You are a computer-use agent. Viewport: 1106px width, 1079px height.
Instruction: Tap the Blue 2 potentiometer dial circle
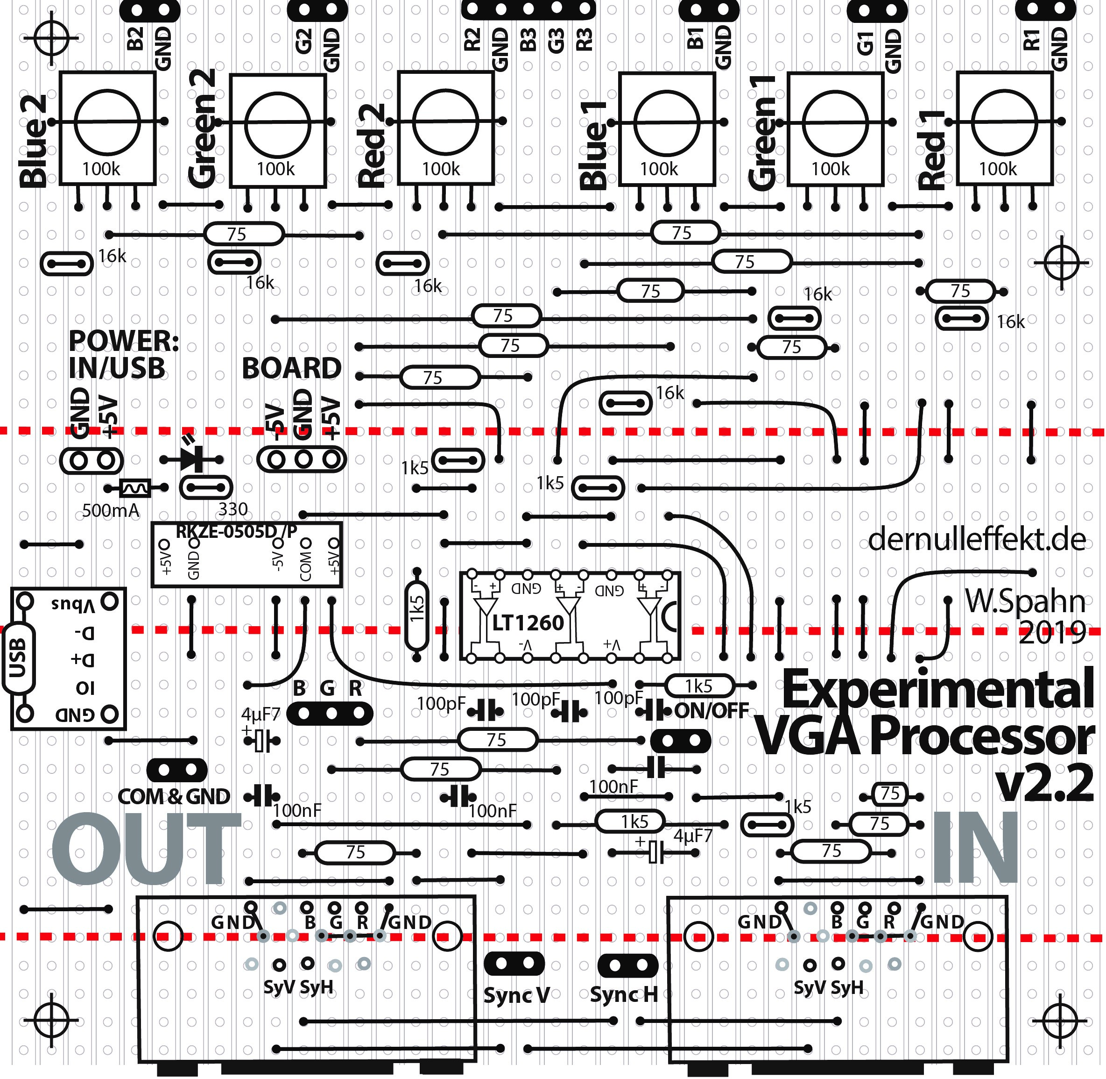pyautogui.click(x=107, y=121)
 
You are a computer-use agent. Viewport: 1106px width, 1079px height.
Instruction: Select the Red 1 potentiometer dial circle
pyautogui.click(x=1004, y=121)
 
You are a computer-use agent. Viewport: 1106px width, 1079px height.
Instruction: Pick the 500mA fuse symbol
pyautogui.click(x=135, y=487)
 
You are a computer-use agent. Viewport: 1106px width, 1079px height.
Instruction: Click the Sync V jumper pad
pyautogui.click(x=514, y=964)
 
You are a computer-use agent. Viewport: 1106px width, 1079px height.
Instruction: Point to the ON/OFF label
pyautogui.click(x=712, y=711)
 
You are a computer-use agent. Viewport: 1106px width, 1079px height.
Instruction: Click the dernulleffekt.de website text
pyautogui.click(x=976, y=541)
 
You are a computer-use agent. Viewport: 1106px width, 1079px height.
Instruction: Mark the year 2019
pyautogui.click(x=1052, y=633)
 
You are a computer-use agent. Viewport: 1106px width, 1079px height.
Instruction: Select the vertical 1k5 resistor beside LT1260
pyautogui.click(x=417, y=615)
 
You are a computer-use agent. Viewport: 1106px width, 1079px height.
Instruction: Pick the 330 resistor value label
pyautogui.click(x=233, y=509)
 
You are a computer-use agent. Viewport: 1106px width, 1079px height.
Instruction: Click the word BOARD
pyautogui.click(x=292, y=368)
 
